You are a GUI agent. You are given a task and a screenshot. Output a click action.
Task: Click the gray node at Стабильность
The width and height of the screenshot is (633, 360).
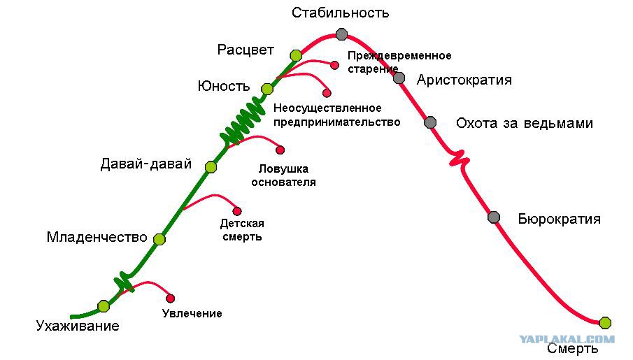tap(341, 34)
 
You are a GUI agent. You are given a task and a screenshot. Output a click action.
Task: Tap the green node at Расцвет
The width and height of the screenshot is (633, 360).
tap(296, 55)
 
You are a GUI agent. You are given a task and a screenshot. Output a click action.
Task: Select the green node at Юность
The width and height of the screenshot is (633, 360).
tap(267, 89)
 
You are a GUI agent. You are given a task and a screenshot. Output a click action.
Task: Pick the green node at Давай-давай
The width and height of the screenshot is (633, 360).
tap(211, 166)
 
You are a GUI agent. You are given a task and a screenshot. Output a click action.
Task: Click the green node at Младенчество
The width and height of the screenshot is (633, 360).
tap(159, 239)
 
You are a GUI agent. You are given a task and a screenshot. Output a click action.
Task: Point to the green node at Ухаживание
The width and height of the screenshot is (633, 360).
tap(104, 306)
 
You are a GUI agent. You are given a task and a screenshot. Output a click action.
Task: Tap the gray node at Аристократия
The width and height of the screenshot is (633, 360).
tap(399, 78)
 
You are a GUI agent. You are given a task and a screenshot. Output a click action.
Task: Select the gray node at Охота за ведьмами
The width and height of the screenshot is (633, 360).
tap(430, 122)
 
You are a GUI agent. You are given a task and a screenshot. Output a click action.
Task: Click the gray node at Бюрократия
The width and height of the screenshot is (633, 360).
tap(494, 217)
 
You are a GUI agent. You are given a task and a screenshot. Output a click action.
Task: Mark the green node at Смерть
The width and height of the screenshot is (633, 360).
tap(605, 323)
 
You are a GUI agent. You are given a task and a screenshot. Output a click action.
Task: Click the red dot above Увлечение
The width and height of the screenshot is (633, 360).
tap(171, 298)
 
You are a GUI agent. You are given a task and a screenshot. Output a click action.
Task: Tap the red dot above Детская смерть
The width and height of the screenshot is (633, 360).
tap(237, 211)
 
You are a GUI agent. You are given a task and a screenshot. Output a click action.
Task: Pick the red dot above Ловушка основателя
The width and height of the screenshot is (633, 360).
tap(280, 150)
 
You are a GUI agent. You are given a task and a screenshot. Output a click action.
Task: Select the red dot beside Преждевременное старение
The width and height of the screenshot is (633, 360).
tap(334, 65)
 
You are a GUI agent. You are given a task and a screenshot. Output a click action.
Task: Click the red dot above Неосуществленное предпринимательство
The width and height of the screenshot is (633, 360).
tap(327, 93)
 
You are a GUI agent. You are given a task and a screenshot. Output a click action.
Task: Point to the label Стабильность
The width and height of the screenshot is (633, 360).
tap(341, 13)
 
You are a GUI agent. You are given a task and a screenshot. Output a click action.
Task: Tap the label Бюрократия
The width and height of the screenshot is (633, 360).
tap(559, 219)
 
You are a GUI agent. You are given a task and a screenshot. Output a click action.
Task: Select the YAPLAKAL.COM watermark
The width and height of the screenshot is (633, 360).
tap(567, 339)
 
